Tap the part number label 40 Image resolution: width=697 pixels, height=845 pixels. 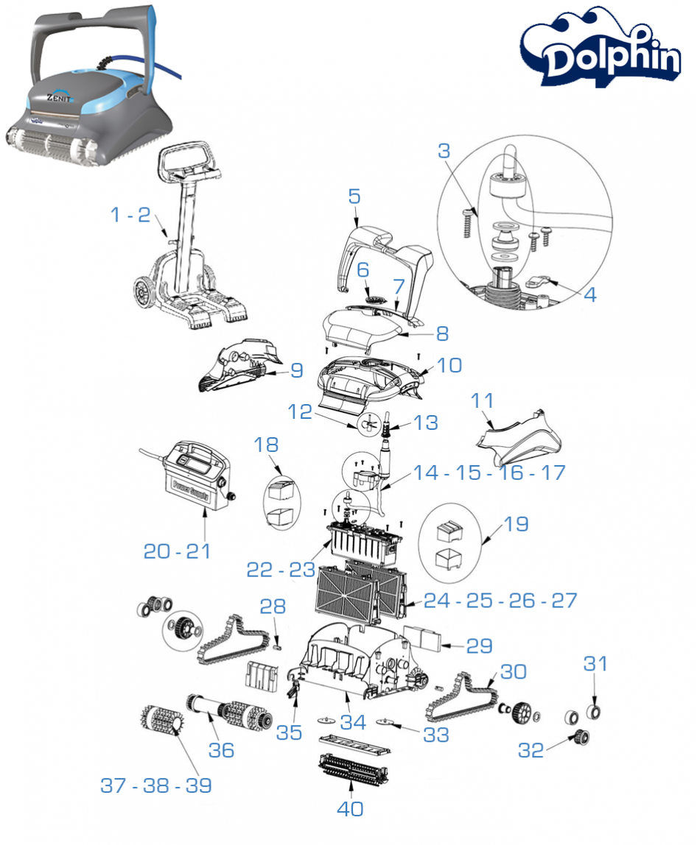[x=351, y=808]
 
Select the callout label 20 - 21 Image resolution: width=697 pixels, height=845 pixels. [x=177, y=551]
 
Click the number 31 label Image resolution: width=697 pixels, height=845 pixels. [x=595, y=663]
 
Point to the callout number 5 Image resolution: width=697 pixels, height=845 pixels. [x=354, y=197]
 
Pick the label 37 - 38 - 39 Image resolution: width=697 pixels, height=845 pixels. [x=156, y=785]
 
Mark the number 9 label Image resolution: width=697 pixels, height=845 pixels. [x=296, y=370]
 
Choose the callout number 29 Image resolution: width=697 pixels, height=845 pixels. [x=480, y=646]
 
